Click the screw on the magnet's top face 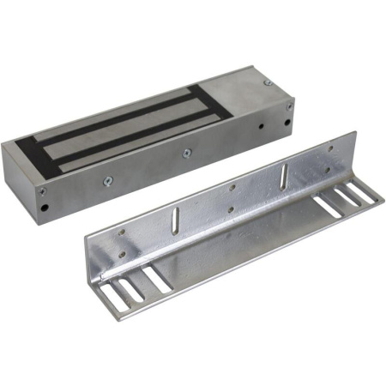[268, 82]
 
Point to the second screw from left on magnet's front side [108, 180]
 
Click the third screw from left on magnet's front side [187, 153]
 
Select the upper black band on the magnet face [129, 112]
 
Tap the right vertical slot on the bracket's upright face [283, 175]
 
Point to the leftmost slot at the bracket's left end [108, 296]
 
